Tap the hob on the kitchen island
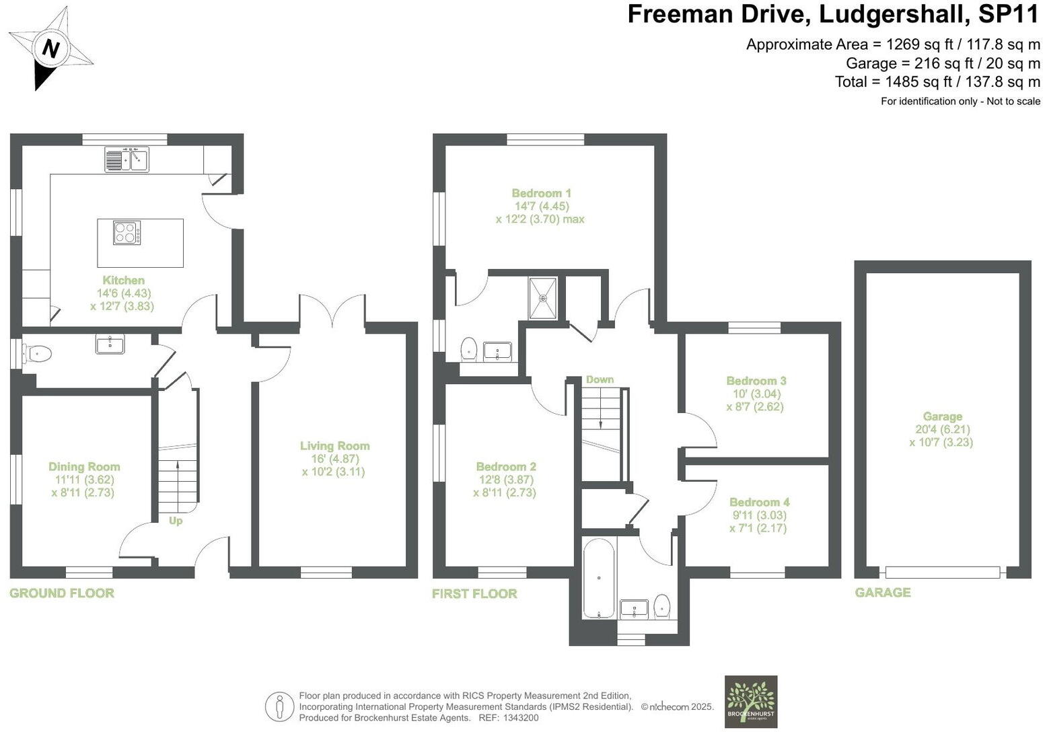(x=127, y=233)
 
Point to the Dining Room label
(x=84, y=466)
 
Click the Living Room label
(x=334, y=445)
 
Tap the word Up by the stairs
(x=176, y=521)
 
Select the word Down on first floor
(x=600, y=379)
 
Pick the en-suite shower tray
(x=542, y=298)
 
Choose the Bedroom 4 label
(x=759, y=502)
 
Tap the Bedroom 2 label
(x=505, y=466)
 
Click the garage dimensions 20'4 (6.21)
(x=941, y=429)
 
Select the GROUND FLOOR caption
(x=62, y=593)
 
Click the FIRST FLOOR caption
(x=474, y=593)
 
